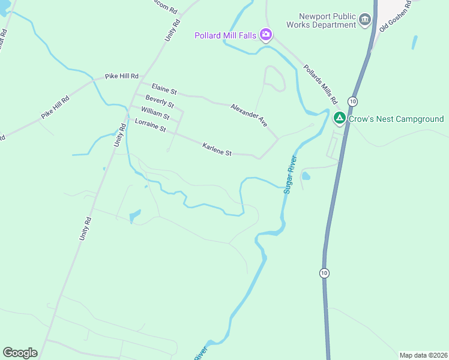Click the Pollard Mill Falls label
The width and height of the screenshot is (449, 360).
point(225,35)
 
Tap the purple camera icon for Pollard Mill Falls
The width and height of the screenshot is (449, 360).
point(265,35)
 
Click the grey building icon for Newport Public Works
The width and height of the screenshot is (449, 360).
point(365,22)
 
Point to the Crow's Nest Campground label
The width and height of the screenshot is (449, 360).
point(396,119)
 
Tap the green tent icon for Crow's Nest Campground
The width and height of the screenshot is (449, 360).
point(339,118)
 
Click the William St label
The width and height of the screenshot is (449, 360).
point(155,112)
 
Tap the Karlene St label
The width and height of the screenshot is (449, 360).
point(217,149)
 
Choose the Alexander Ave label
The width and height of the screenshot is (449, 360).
point(249,114)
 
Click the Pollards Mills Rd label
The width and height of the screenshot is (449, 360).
point(321,83)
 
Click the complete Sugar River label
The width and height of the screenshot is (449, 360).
point(291,174)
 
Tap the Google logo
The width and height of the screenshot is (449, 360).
point(20,353)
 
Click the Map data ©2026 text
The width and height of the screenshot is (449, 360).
point(423,355)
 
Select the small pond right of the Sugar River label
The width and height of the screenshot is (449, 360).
point(306,176)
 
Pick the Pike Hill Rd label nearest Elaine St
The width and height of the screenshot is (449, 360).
point(122,77)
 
